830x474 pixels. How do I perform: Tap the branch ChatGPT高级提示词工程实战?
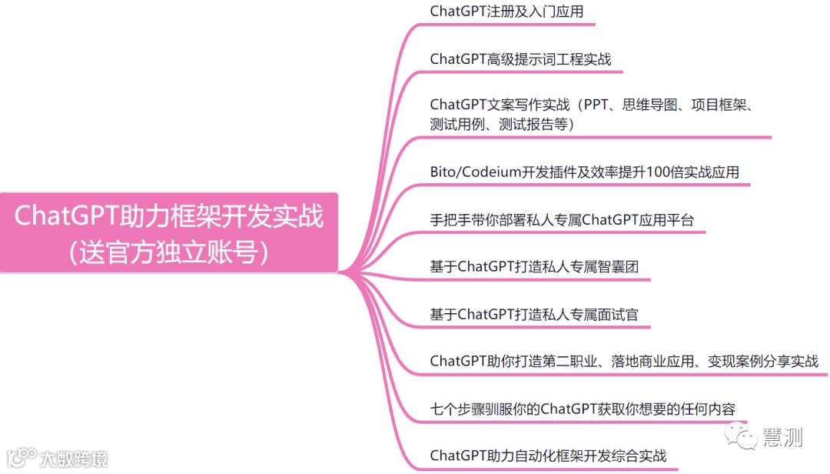[520, 59]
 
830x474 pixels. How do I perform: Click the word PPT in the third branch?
[600, 104]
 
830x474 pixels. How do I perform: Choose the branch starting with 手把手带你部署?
[562, 220]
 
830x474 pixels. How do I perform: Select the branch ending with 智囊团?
[534, 267]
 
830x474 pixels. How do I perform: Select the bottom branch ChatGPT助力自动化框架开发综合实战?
[548, 455]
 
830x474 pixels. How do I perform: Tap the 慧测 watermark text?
[782, 437]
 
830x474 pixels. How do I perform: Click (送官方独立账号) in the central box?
[169, 252]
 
